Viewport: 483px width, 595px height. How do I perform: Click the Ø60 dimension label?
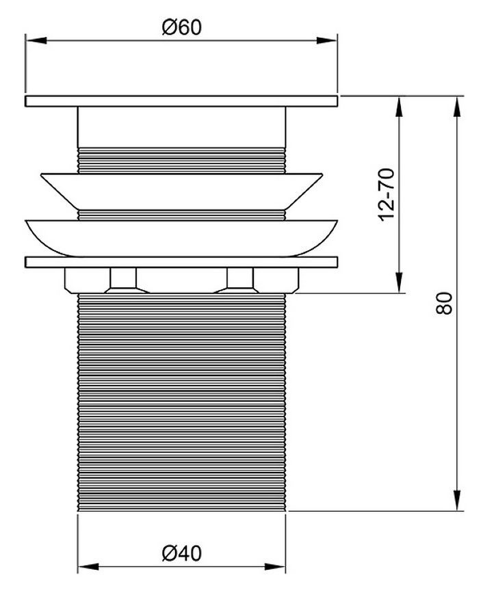pos(181,27)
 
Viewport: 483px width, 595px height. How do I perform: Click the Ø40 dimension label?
pos(181,553)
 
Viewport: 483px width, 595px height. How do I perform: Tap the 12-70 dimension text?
pos(387,194)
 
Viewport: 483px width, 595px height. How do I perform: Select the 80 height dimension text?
pos(444,303)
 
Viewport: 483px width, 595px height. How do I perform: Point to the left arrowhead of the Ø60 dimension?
pos(36,40)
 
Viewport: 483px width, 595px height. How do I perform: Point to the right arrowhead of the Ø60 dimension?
pos(327,40)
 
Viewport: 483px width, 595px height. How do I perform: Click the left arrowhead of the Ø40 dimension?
pos(88,567)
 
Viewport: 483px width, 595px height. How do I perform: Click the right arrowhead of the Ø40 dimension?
pos(275,567)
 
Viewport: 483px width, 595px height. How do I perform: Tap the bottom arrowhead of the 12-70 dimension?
pos(399,282)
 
